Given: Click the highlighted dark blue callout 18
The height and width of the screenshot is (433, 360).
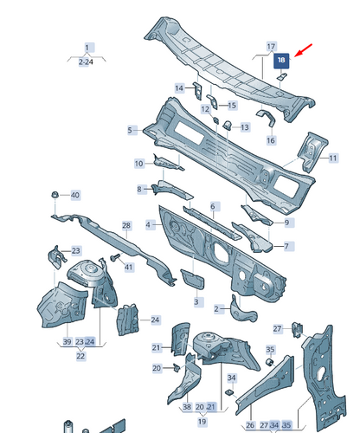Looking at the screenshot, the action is [281, 60].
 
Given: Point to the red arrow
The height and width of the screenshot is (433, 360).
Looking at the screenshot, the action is [303, 50].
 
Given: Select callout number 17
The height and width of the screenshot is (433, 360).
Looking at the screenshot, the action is [271, 47].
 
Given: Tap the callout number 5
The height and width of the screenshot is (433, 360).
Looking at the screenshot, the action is [131, 130].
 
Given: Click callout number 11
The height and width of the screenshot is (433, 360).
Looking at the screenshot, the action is [333, 158].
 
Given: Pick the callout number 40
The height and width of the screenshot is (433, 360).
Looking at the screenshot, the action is [75, 195].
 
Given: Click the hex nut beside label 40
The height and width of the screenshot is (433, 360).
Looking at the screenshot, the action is [55, 195].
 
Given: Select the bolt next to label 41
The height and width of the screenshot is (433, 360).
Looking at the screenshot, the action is [116, 257].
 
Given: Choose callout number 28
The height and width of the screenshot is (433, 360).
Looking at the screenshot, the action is [126, 225].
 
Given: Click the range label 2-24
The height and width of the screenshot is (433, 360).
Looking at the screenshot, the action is [86, 61].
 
